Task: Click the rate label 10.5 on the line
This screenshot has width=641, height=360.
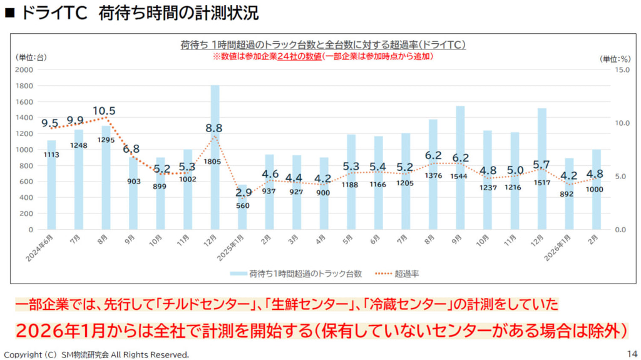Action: point(104,111)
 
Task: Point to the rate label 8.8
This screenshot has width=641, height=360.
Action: point(214,128)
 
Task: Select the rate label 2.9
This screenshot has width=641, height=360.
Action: point(244,192)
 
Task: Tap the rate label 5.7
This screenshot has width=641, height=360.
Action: point(541,165)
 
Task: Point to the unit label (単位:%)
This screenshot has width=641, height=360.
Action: point(615,58)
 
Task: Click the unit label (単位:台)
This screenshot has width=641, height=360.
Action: point(31,57)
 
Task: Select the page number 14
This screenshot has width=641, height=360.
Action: point(630,352)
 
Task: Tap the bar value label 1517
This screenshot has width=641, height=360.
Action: point(541,183)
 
